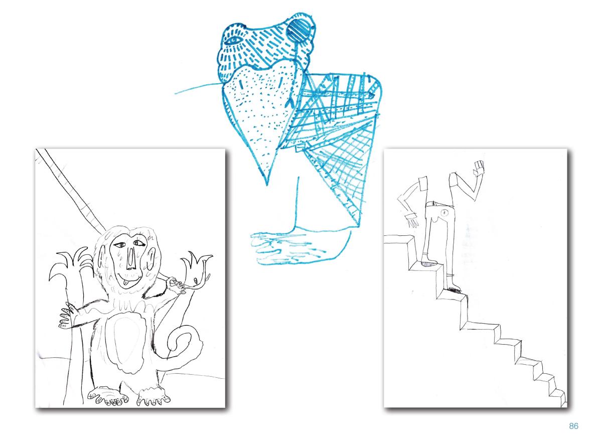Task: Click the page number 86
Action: (573, 426)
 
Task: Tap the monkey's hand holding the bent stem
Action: (176, 286)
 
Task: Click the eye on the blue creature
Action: (233, 41)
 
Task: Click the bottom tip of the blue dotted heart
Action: (267, 185)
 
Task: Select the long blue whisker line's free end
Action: (175, 93)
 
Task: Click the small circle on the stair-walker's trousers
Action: (445, 213)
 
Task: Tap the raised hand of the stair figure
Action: (479, 168)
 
